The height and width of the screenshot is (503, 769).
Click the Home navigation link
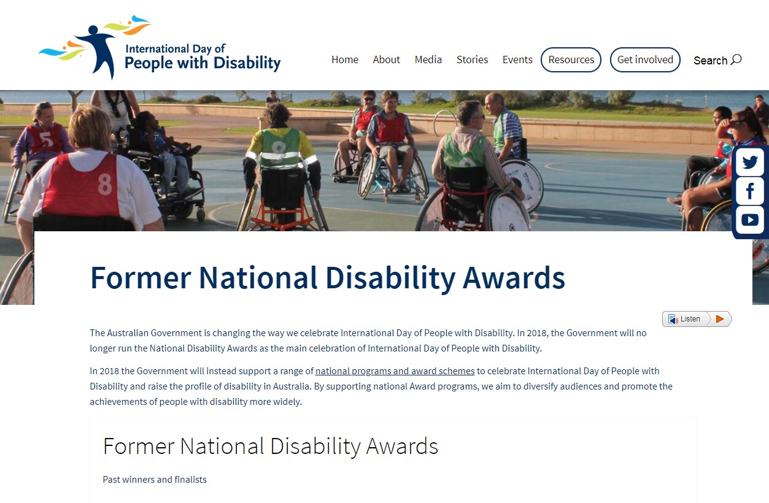click(345, 60)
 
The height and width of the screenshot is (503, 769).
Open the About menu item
click(387, 60)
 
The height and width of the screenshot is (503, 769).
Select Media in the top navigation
click(428, 60)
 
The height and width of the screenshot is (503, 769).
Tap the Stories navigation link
click(473, 60)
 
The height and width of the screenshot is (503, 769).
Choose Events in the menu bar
click(517, 60)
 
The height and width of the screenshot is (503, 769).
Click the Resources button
click(571, 60)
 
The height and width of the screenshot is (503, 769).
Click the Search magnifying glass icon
click(736, 60)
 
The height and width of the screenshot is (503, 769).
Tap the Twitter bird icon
click(750, 162)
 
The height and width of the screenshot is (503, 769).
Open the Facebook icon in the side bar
click(750, 191)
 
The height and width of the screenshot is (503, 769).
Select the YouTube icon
click(750, 220)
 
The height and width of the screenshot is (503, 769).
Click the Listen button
click(685, 319)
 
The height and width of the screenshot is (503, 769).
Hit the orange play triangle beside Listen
click(720, 319)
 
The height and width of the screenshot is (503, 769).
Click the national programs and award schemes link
click(395, 371)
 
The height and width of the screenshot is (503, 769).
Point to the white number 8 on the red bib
click(104, 185)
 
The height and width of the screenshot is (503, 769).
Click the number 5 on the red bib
click(45, 139)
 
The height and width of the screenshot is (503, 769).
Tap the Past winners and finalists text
click(155, 480)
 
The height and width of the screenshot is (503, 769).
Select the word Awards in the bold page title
click(514, 278)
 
